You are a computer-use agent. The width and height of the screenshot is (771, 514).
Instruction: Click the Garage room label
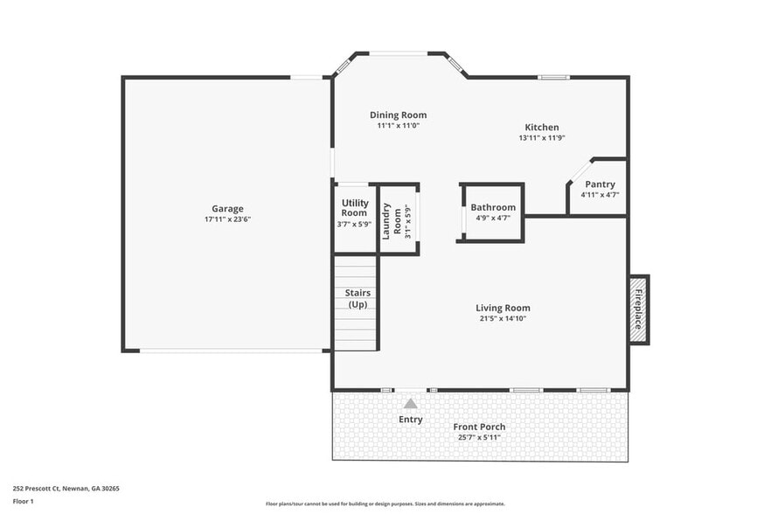coord(227,209)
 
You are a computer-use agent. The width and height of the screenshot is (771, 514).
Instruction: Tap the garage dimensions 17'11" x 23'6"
coord(227,219)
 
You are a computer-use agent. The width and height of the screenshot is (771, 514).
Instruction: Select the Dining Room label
coord(398,115)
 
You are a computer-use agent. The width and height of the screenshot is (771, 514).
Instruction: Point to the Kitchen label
coord(541,128)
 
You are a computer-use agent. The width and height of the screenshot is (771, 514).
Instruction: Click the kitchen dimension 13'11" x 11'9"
coord(542,138)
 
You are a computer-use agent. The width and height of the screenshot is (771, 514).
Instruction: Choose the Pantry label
coord(600,184)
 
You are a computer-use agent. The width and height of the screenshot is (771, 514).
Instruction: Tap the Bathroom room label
coord(493,207)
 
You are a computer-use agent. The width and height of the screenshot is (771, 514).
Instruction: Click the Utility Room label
coord(354,208)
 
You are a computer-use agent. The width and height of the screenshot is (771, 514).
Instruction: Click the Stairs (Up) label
coord(358,299)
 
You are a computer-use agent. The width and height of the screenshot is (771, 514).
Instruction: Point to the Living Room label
coord(503,308)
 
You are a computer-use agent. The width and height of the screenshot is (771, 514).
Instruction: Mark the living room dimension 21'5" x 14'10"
coord(503,318)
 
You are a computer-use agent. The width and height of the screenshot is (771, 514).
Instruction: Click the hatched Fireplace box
coord(638,309)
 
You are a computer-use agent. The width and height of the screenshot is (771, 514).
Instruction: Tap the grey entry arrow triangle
coord(410,403)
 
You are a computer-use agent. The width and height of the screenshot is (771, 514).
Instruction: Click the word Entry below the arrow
coord(410,420)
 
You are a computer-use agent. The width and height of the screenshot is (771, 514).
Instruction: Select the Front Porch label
coord(479,427)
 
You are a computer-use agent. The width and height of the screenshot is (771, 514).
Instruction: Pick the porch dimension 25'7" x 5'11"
coord(479,436)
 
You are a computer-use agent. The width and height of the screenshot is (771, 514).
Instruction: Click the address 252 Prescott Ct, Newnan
coord(66,489)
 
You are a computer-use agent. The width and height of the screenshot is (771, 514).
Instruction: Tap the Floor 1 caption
coord(23,501)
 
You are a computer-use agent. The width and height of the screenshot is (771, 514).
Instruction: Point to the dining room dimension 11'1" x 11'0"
coord(398,126)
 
